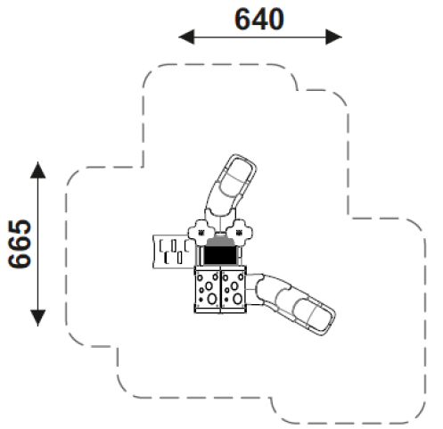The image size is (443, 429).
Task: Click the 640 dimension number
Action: (259, 20)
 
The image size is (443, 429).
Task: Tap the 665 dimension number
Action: (20, 243)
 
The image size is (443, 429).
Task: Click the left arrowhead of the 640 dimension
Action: (186, 37)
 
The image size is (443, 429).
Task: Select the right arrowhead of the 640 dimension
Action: (334, 37)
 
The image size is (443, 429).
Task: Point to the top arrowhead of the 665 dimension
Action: (38, 170)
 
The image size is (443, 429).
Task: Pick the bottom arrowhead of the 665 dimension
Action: (38, 318)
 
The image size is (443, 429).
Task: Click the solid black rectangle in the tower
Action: (220, 256)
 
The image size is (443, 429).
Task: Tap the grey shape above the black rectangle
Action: (220, 242)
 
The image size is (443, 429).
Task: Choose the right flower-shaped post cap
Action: (239, 233)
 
